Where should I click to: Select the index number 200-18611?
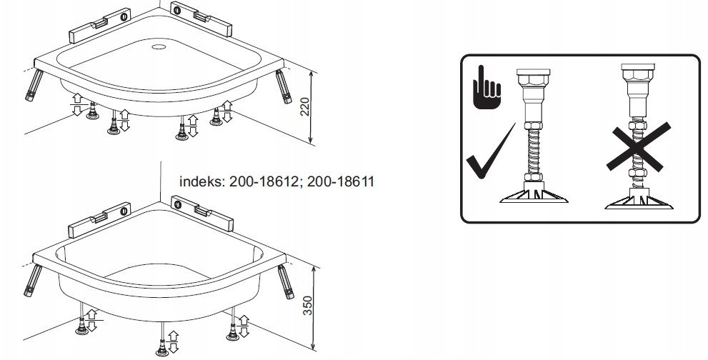pyautogui.click(x=341, y=182)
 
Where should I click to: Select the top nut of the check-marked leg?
pyautogui.click(x=532, y=76)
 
